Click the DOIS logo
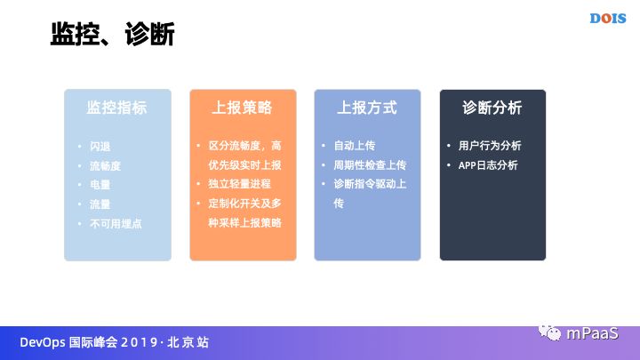609,17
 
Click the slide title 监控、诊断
112,35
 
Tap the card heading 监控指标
116,108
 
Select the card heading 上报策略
242,108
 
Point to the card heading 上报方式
366,108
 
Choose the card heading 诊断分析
492,108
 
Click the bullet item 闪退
100,146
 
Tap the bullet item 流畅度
106,165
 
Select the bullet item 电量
100,185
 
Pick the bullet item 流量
100,204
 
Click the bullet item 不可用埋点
116,224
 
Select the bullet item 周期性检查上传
369,165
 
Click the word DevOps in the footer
42,342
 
